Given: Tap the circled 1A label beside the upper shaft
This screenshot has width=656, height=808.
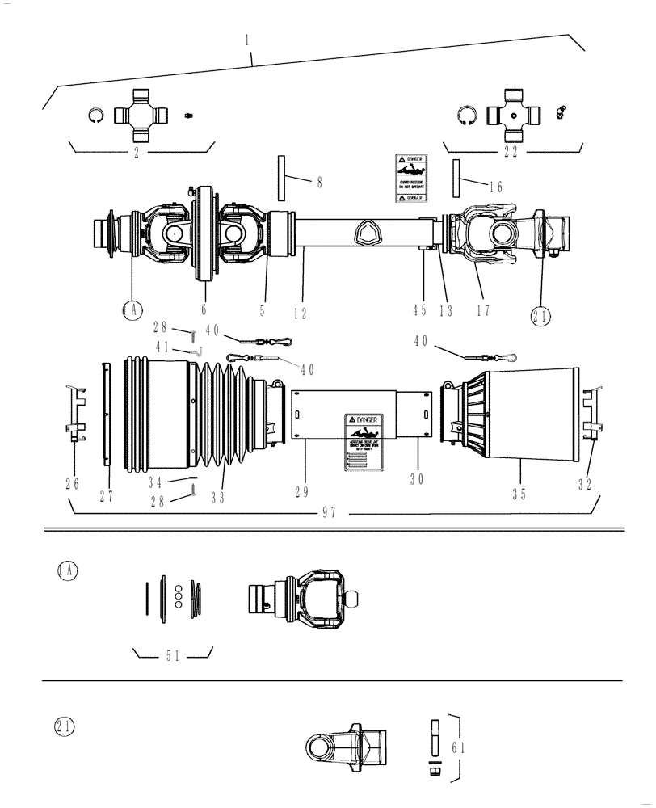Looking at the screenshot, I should click(132, 310).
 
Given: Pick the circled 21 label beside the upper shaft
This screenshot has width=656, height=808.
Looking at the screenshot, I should click(540, 317).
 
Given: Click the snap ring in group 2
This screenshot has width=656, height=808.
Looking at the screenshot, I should click(96, 116).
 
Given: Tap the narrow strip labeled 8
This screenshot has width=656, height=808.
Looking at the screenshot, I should click(281, 177).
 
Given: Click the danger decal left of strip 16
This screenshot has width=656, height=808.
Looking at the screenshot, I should click(410, 179).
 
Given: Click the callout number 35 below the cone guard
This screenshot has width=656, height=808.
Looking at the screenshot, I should click(519, 492).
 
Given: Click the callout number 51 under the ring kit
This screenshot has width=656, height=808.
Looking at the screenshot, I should click(172, 656).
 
